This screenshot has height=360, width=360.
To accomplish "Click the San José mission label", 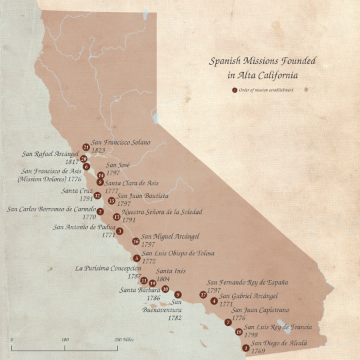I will pyautogui.click(x=119, y=169).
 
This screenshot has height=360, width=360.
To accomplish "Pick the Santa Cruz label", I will pyautogui.click(x=78, y=191).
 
